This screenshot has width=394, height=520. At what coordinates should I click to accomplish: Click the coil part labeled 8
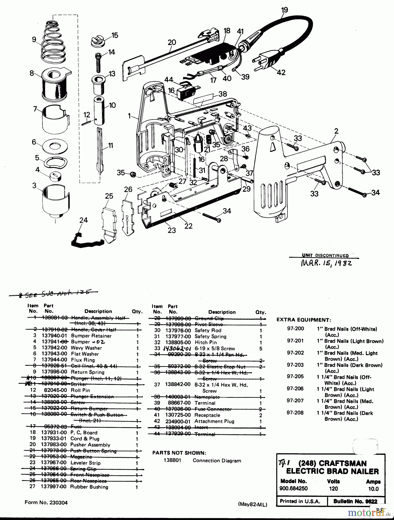(x=55, y=84)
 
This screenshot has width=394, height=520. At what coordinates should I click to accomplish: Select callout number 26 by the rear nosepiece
(x=128, y=190)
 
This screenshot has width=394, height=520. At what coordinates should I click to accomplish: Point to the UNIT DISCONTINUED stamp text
(x=325, y=255)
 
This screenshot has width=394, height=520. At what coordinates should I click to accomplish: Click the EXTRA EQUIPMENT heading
(x=303, y=320)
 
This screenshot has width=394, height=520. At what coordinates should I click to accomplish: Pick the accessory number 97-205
(x=295, y=377)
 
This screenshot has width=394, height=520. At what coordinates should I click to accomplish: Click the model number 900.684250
(x=293, y=489)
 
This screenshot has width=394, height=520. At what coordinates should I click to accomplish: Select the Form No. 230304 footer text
(x=46, y=503)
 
